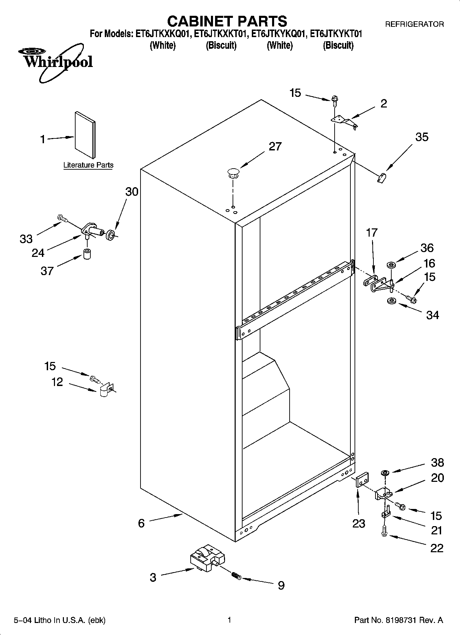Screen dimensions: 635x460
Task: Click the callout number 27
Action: point(275,147)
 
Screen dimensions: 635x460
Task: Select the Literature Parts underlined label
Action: point(88,165)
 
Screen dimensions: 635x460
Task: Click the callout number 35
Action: point(422,137)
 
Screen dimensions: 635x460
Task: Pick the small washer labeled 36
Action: point(391,265)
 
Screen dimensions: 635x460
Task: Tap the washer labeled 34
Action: point(391,301)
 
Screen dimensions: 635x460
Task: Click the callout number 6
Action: point(141,523)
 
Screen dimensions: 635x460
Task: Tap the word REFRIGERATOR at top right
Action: point(414,24)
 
